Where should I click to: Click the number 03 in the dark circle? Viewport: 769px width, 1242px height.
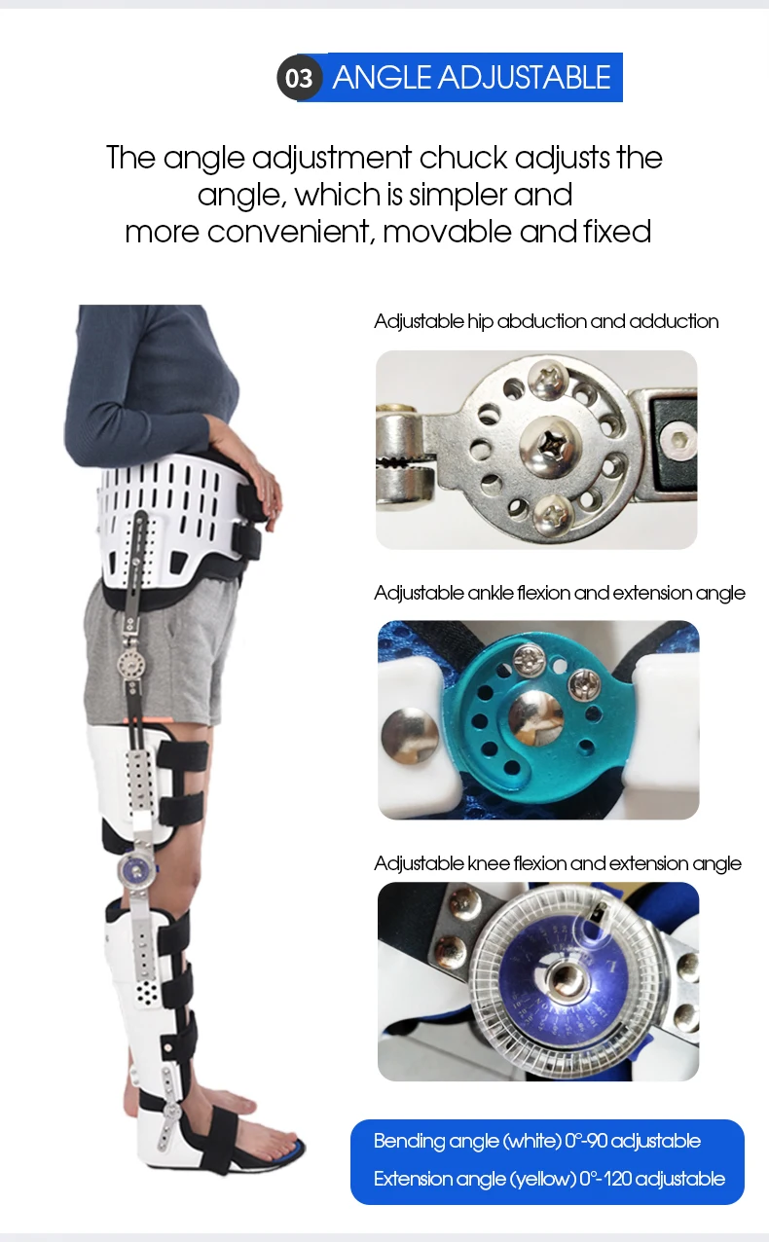pos(299,78)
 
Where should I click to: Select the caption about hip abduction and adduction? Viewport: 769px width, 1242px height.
pos(546,321)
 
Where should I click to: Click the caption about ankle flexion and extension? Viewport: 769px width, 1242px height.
pos(560,593)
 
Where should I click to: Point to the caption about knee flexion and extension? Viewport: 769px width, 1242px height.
pos(557,863)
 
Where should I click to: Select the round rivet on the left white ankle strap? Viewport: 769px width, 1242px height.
pos(401,731)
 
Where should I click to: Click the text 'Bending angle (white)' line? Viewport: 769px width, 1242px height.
pos(536,1141)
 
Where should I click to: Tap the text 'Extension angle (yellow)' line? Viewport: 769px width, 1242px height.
pos(549,1179)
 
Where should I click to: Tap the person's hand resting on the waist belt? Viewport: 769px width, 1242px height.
pos(261,487)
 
